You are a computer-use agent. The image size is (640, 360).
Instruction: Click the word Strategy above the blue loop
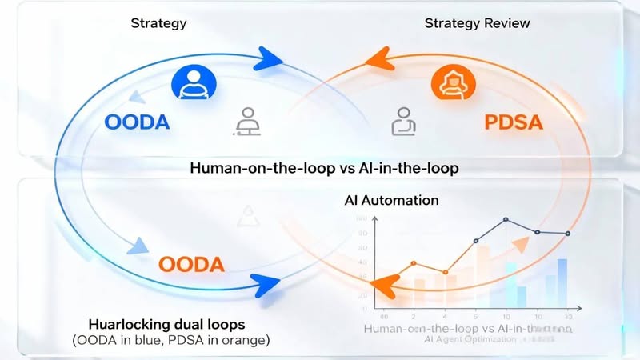(x=158, y=22)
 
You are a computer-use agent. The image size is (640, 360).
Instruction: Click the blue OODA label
(x=138, y=123)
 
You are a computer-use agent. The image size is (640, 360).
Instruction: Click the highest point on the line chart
(x=506, y=219)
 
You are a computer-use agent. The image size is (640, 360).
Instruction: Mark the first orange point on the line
(x=414, y=262)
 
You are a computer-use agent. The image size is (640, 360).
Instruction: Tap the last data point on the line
(x=568, y=233)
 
